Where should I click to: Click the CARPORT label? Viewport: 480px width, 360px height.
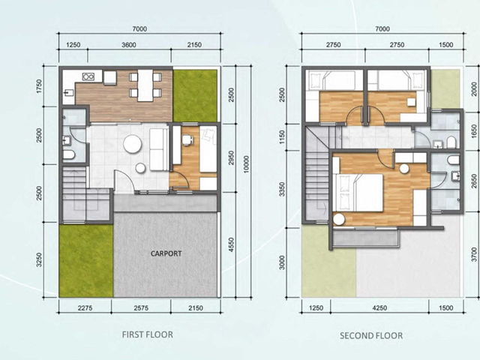[166, 253]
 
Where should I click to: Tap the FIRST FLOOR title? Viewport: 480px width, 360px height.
[148, 334]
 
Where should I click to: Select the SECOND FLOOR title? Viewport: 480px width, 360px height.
[371, 336]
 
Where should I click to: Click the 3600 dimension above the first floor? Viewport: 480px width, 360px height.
[129, 45]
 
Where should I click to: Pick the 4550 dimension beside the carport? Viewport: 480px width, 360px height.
[232, 245]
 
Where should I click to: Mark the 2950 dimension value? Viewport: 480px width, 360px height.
[232, 157]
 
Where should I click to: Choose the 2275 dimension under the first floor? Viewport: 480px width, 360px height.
[85, 308]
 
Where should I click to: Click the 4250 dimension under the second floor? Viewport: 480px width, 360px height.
[379, 308]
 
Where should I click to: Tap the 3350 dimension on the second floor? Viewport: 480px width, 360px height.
[282, 189]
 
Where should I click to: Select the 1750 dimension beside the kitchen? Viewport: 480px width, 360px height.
[39, 86]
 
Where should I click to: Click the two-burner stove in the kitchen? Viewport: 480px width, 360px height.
[88, 76]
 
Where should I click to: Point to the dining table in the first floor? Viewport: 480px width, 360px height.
[145, 85]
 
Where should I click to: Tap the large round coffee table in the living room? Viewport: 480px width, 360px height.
[133, 144]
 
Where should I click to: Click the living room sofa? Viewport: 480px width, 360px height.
[159, 149]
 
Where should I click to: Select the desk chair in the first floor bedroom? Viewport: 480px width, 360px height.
[187, 140]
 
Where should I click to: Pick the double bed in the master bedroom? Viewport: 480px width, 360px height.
[358, 193]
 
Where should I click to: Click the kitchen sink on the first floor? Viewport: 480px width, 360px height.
[68, 92]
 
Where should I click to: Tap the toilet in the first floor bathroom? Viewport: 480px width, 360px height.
[69, 154]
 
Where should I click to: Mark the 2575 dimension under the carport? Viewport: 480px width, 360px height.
[141, 308]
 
